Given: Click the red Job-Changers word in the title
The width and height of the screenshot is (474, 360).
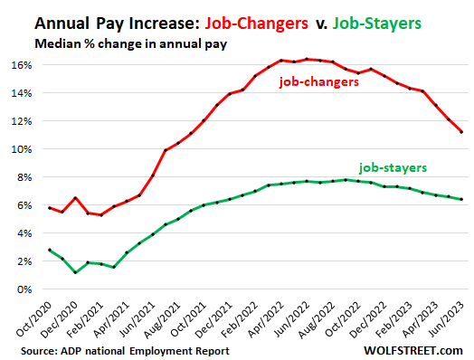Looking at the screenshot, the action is coord(256,24).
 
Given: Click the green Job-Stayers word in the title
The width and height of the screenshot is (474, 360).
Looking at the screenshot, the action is coord(376,24).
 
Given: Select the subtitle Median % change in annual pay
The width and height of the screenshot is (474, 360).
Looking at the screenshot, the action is coord(130,43).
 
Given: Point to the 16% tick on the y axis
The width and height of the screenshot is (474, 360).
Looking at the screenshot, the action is coord(22,65).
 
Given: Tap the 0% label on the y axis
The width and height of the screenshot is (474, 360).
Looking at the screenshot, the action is coord(24,289).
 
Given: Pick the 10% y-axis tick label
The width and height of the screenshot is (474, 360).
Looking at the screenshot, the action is coord(22,149).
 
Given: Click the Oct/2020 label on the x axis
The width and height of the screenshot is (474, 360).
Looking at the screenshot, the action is coord(33,319).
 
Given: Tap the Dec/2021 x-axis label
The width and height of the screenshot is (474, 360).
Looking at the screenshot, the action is coord(213,319).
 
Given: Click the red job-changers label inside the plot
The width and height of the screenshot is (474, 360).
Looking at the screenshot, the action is coord(319,82).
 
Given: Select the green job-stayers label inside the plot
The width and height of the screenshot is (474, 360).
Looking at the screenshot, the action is coord(393,167).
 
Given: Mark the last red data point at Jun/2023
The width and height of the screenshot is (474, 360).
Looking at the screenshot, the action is coord(461,132).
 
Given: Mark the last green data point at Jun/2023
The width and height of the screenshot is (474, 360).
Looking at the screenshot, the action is coord(461,199).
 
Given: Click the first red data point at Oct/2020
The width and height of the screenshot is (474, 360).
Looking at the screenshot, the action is coord(50,208).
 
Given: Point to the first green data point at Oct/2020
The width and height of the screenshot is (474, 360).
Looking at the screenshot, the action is coord(50,250).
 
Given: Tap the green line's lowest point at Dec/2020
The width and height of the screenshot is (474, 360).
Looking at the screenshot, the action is coord(75,272).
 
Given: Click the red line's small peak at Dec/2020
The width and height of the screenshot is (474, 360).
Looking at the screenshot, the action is coord(75,198).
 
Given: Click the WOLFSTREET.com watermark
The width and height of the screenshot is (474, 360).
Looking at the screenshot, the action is coord(413,351).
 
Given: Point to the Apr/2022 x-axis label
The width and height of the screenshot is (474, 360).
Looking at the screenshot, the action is coord(266,319).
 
